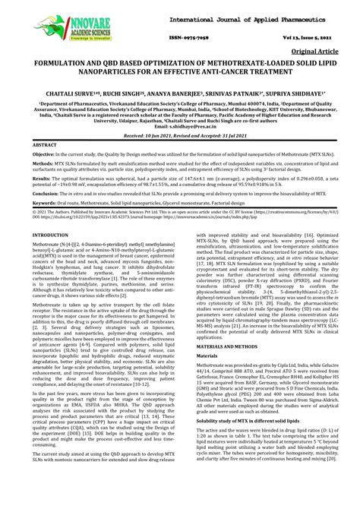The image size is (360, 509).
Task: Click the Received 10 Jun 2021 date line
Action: pos(179,134)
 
